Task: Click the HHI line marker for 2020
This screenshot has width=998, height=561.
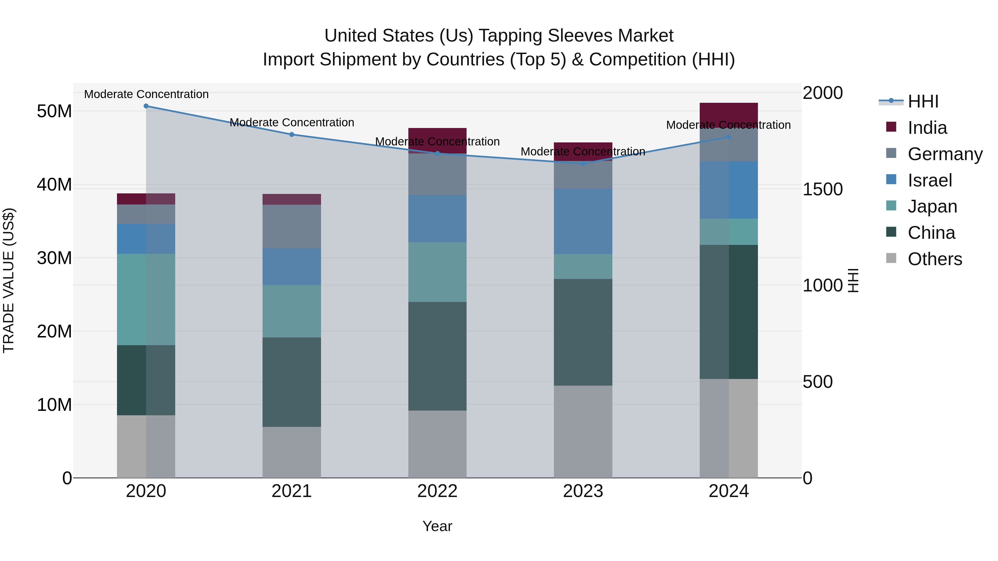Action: tap(146, 106)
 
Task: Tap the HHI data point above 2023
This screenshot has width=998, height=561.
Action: tap(583, 163)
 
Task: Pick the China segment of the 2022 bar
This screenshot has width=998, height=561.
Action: tap(437, 356)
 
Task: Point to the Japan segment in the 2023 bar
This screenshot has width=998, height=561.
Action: tap(583, 266)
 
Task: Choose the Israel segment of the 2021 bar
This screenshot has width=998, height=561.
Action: tap(292, 267)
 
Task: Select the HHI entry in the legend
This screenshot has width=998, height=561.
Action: tap(923, 101)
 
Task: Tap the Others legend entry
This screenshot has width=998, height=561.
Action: tap(935, 259)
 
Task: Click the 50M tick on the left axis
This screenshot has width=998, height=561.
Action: tap(54, 111)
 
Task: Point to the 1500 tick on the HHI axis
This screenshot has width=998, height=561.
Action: tap(823, 189)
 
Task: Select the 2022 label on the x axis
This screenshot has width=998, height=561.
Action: tap(437, 491)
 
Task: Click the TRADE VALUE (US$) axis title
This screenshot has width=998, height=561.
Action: tap(9, 280)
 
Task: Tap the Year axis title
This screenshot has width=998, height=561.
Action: tap(437, 526)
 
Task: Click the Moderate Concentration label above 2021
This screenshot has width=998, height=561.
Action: tap(292, 122)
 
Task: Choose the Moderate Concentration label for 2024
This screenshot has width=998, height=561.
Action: tap(728, 125)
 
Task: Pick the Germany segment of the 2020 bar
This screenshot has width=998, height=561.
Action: tap(146, 214)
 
